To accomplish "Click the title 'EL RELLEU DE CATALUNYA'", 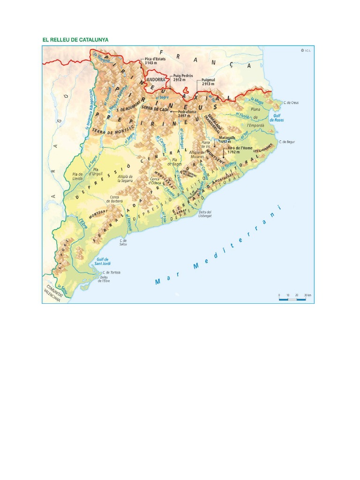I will [75, 40].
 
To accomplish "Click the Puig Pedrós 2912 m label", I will [183, 77].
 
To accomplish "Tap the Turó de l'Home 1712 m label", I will [237, 150].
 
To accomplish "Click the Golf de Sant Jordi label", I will [102, 261].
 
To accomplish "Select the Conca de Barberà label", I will [116, 198].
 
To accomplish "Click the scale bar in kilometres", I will [295, 297].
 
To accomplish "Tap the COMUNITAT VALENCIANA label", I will [53, 294].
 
